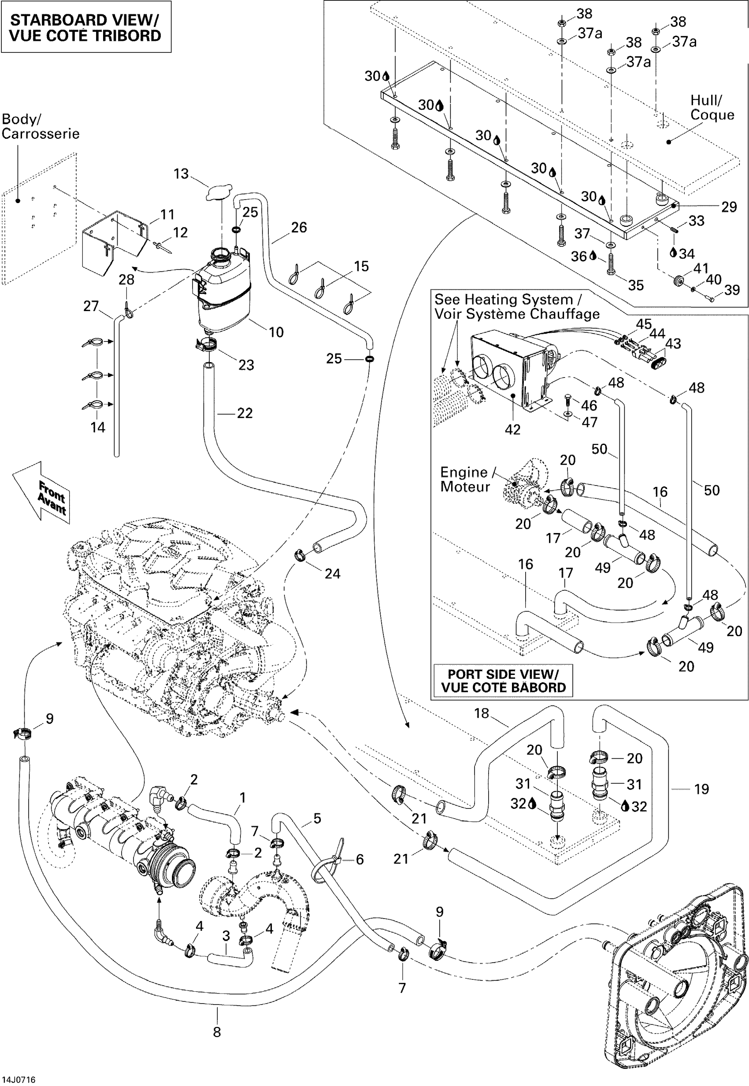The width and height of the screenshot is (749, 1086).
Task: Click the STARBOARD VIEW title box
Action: [x=85, y=27]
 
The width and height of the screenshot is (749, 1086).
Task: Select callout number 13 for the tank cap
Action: [x=181, y=174]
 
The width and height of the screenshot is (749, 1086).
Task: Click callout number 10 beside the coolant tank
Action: [x=276, y=332]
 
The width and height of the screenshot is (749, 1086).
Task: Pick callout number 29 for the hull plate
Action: [x=729, y=207]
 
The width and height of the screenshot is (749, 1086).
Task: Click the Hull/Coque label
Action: [x=712, y=107]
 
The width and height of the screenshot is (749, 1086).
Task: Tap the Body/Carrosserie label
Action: [x=41, y=127]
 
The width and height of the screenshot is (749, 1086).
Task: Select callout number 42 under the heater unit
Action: [x=512, y=430]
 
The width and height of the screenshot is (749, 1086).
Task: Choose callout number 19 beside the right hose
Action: [x=701, y=789]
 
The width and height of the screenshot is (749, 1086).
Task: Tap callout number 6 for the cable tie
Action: [x=360, y=859]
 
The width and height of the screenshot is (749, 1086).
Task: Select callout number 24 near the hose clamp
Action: [x=332, y=574]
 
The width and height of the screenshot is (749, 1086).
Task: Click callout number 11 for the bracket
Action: [x=167, y=215]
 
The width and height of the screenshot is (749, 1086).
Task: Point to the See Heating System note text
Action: [x=516, y=307]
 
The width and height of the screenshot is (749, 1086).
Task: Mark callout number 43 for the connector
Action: [x=673, y=344]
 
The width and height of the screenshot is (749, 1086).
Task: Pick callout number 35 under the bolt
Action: [x=636, y=285]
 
